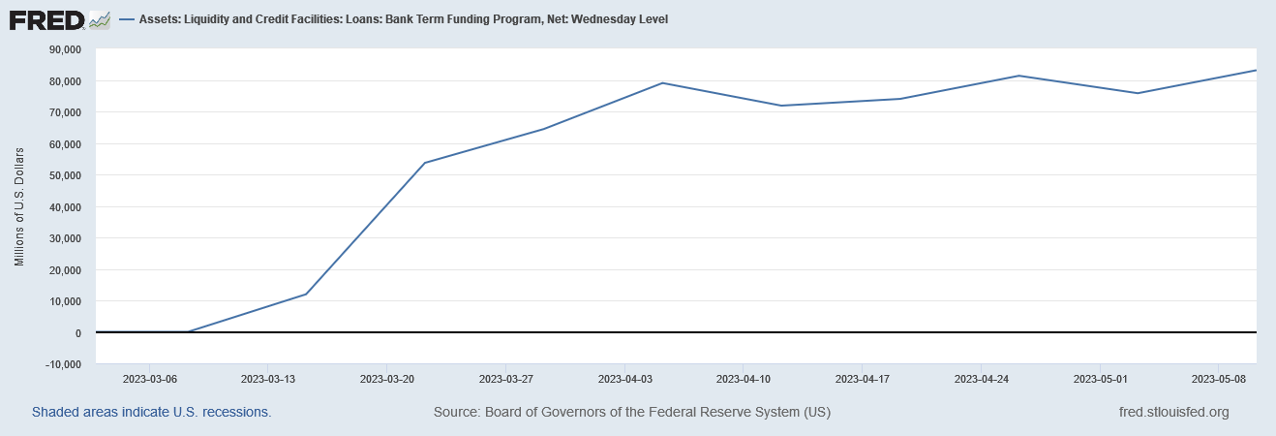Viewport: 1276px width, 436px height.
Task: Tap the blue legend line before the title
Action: click(x=127, y=19)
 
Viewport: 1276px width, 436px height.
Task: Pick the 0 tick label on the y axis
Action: click(x=77, y=333)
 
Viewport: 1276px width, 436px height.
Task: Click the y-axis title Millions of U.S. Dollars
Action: click(x=19, y=207)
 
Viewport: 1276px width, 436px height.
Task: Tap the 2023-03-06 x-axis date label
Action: click(x=149, y=379)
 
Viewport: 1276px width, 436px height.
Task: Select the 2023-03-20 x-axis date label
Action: click(x=387, y=379)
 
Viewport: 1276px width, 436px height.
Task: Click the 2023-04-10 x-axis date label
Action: click(x=744, y=379)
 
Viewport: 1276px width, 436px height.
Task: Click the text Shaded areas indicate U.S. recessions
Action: click(x=151, y=412)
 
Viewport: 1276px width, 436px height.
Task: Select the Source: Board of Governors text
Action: click(x=631, y=412)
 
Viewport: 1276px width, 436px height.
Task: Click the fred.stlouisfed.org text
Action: click(x=1172, y=412)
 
